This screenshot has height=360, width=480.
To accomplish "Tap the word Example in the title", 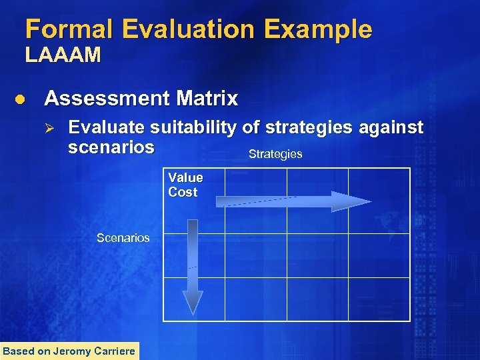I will coord(327,29).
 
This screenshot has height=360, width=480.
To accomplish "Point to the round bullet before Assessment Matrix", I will coord(20,99).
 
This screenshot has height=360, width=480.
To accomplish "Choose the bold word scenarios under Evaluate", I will coord(111,147).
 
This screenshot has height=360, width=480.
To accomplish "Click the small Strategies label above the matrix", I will coord(275,155).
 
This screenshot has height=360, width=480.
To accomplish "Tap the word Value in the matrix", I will coord(185,177).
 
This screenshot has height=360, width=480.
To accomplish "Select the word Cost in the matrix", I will coord(183,193).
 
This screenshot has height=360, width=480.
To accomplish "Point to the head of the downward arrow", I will coord(193,303).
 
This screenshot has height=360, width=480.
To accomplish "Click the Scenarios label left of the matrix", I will coord(123,238).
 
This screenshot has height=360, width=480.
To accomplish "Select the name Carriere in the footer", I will coord(115,351).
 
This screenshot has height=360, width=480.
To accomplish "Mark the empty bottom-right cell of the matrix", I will coord(379,299).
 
